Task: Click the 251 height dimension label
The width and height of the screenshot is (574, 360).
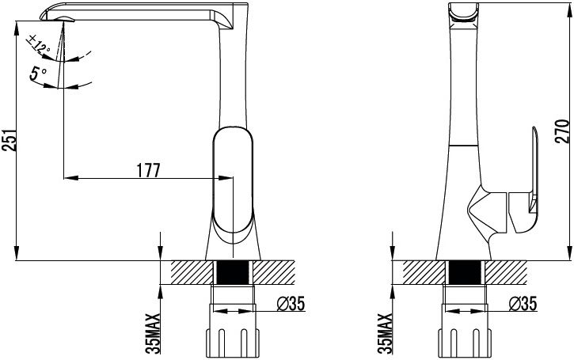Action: pyautogui.click(x=10, y=140)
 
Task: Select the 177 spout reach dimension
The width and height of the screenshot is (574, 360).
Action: pyautogui.click(x=149, y=170)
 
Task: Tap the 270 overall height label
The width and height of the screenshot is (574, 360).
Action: pyautogui.click(x=564, y=131)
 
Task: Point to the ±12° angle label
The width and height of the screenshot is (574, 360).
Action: pyautogui.click(x=38, y=44)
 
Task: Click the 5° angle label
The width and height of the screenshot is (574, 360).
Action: pyautogui.click(x=38, y=74)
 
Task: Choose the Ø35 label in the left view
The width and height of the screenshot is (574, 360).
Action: pyautogui.click(x=291, y=303)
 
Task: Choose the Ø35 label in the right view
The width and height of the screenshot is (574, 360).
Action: pyautogui.click(x=523, y=303)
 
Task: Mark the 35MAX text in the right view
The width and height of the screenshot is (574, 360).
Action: pyautogui.click(x=385, y=333)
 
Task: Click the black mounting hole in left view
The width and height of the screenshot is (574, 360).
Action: pyautogui.click(x=233, y=272)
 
